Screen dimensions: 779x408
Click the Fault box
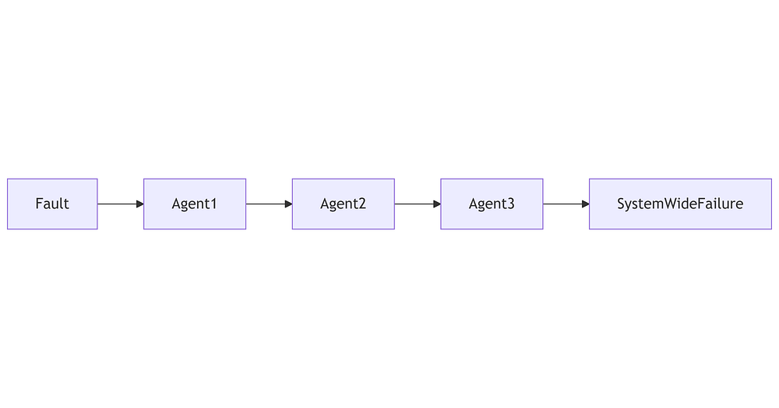pos(52,204)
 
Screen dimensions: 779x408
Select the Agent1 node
pos(195,204)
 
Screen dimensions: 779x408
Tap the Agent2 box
pos(344,204)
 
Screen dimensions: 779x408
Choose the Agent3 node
pos(492,204)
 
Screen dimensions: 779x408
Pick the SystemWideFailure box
pos(680,204)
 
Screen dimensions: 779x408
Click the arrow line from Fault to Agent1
pos(121,204)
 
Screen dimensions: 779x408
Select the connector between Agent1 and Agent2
pos(270,204)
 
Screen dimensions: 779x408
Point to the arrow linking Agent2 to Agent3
pos(418,204)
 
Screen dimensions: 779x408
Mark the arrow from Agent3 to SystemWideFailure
pos(566,204)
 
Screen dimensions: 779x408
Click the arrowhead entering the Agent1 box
pos(140,204)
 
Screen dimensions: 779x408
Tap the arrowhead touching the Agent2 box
pos(289,204)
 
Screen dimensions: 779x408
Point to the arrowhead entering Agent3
pos(437,204)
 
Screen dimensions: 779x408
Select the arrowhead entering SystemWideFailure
pos(586,204)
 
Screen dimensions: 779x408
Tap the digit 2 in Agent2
pos(362,204)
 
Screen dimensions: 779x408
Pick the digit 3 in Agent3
pos(511,204)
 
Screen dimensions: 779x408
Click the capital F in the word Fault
pos(39,204)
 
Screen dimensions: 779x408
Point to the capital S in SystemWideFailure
pos(621,204)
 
